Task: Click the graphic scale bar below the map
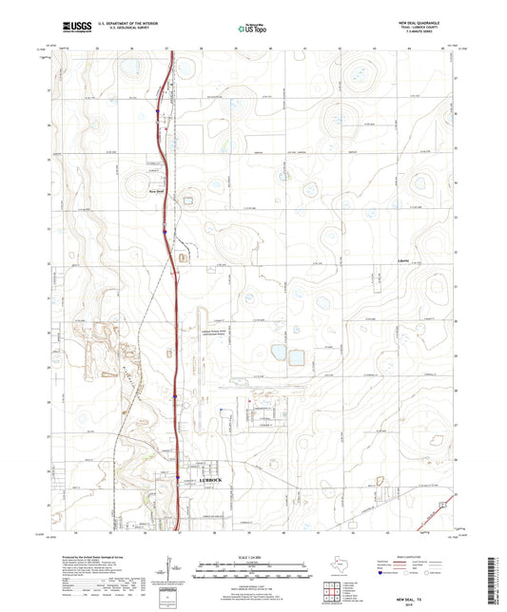pos(253,572)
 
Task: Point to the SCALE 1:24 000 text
pos(253,556)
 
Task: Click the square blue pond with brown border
pos(297,357)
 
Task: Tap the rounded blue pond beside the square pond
pos(278,353)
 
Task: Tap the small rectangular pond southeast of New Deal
pos(187,201)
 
